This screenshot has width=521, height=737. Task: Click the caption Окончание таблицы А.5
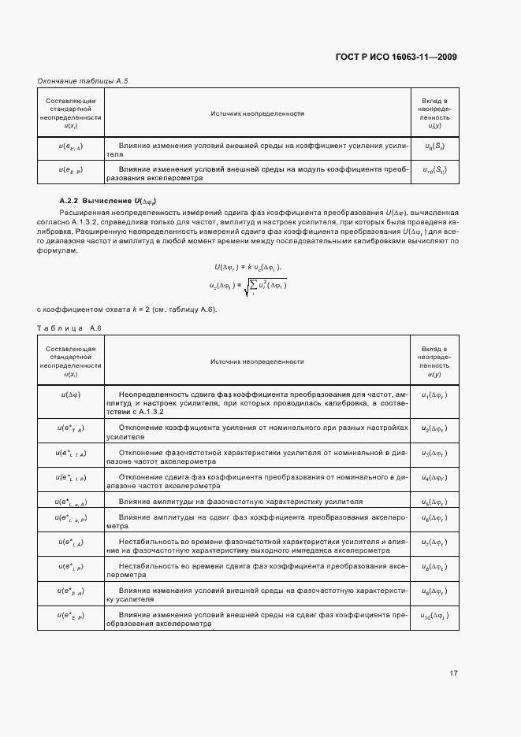click(x=83, y=81)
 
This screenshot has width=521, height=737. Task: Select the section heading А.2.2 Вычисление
click(x=110, y=202)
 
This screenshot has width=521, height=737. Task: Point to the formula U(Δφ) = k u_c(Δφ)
click(x=247, y=267)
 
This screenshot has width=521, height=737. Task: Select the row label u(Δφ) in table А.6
click(x=71, y=393)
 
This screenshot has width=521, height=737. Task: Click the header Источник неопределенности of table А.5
click(x=257, y=113)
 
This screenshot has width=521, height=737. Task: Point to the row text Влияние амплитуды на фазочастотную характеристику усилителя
click(x=240, y=501)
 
